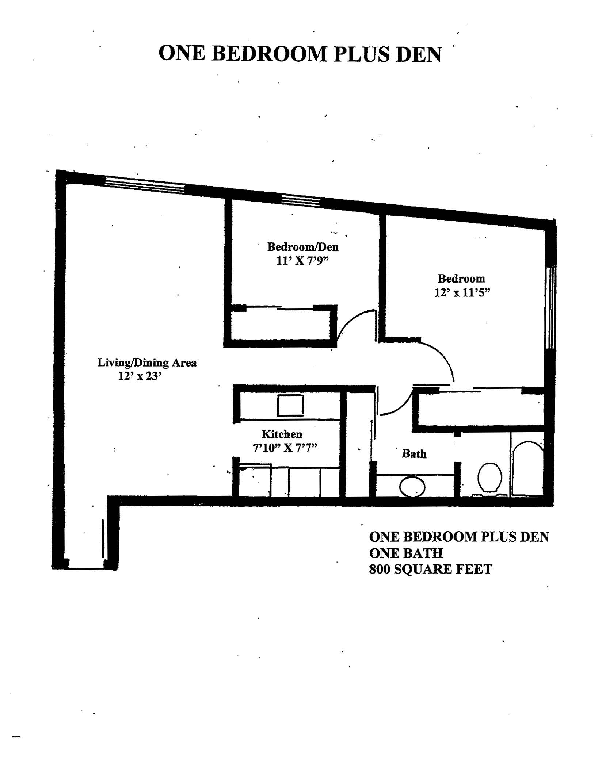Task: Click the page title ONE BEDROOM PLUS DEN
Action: [300, 54]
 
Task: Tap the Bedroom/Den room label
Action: [303, 247]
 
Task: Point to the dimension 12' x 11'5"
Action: [462, 293]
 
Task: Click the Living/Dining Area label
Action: [147, 363]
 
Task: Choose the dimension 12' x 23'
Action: [140, 376]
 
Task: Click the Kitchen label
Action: [282, 434]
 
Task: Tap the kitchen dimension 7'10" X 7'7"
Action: [285, 448]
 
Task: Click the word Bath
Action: [414, 454]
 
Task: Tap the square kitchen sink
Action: [290, 406]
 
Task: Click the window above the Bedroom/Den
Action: [301, 201]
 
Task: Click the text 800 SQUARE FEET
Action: [431, 569]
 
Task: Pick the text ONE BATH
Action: [406, 553]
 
